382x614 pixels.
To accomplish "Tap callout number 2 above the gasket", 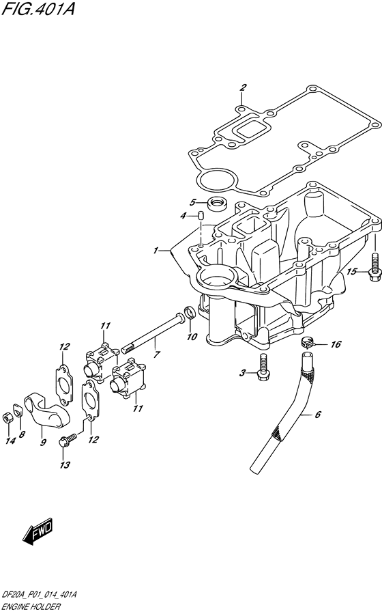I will coord(242,87).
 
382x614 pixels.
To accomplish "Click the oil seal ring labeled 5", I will coord(219,202).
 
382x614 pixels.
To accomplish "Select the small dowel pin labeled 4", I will coord(202,217).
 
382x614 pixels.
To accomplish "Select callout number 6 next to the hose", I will coord(316,414).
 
